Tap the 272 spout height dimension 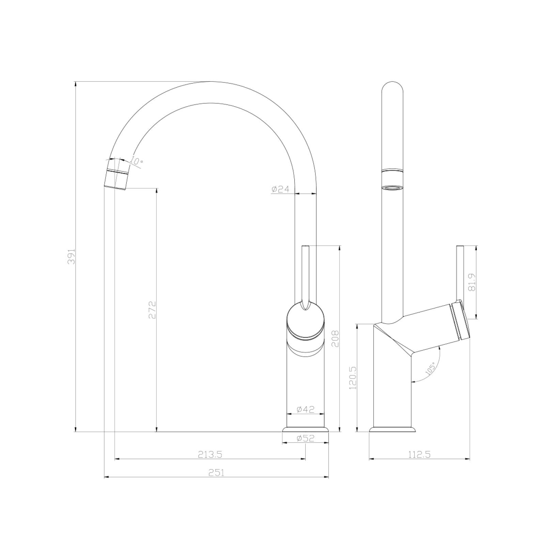click(x=152, y=309)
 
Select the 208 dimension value click(x=335, y=338)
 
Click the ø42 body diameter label click(x=305, y=409)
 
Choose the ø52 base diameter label click(x=305, y=438)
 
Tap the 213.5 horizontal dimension click(x=210, y=454)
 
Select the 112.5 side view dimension click(x=419, y=454)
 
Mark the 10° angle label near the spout click(x=136, y=161)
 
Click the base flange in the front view click(x=305, y=430)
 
